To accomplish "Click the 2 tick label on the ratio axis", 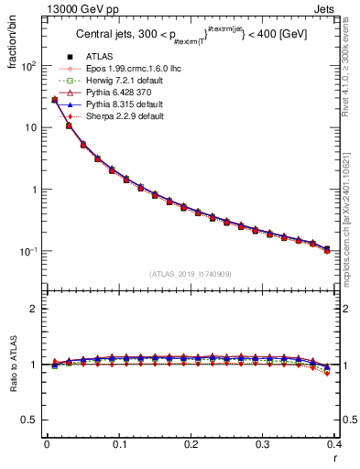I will click(36, 310).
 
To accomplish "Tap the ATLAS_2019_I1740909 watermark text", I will click(191, 274).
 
